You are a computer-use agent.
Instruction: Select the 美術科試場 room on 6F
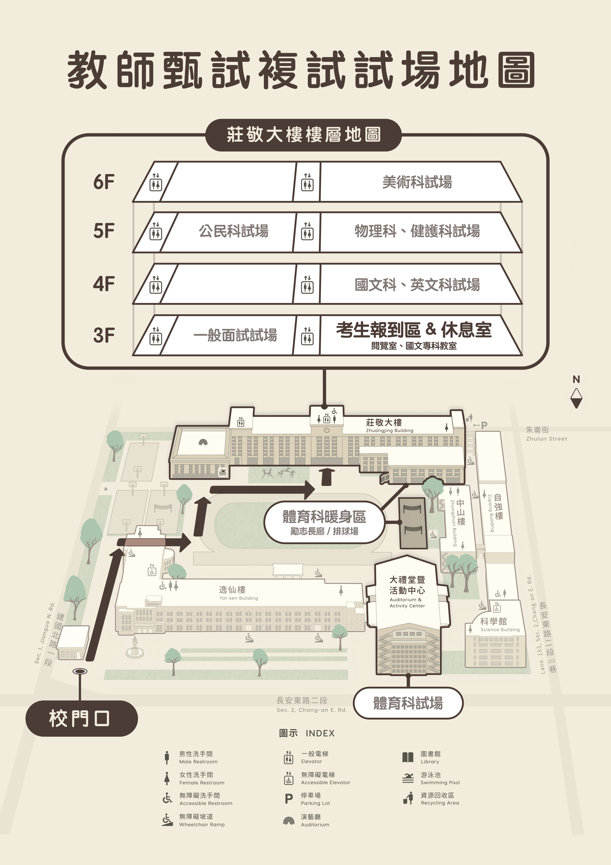(417, 182)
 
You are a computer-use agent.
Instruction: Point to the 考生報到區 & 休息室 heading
(414, 330)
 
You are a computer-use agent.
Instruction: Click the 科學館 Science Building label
(500, 624)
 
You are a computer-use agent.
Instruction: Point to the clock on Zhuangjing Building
(327, 430)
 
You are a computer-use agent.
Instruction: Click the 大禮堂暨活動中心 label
(407, 585)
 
